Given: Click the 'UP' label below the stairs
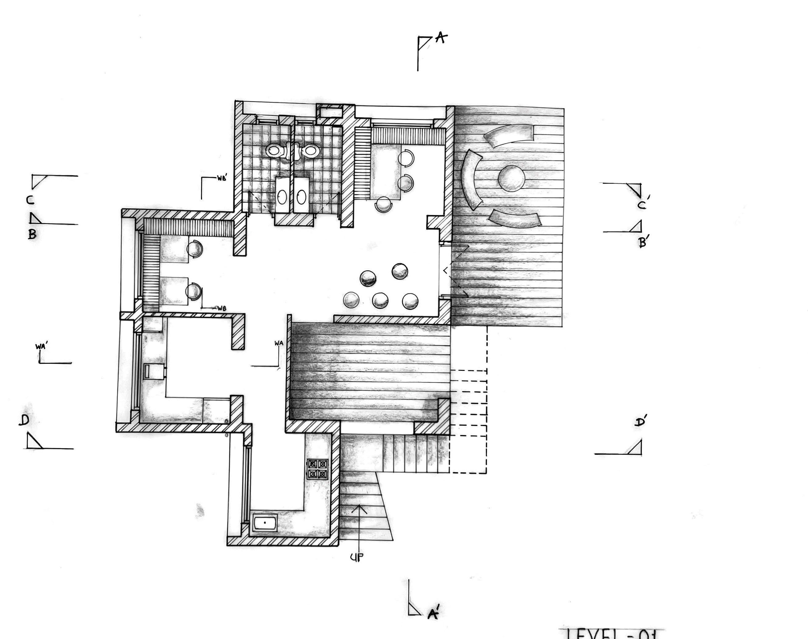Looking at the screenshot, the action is tap(356, 558).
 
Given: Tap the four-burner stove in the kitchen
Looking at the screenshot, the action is tap(317, 469).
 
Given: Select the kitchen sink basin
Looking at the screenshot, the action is tap(265, 522).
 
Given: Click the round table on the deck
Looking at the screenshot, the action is tap(511, 178).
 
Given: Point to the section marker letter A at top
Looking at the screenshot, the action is tap(441, 38).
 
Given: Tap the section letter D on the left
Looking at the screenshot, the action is tap(24, 420).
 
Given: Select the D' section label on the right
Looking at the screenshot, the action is tap(640, 422).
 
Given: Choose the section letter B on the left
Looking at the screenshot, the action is tap(32, 235).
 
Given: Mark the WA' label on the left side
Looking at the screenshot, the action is tap(40, 347).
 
